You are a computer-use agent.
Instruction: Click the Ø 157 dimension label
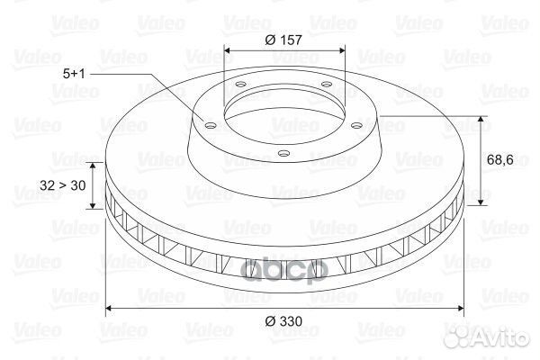coord(283,40)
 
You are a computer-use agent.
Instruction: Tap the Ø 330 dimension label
coord(283,321)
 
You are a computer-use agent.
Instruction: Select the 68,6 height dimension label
coord(500,160)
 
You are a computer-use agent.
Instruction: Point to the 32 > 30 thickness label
coord(63,185)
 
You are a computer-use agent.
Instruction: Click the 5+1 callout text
coord(74,74)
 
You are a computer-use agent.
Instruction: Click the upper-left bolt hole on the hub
coord(240,84)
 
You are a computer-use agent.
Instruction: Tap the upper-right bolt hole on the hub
coord(326,84)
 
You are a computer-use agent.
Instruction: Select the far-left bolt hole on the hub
coord(210,125)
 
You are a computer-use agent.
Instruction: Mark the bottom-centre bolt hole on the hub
coord(283,153)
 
